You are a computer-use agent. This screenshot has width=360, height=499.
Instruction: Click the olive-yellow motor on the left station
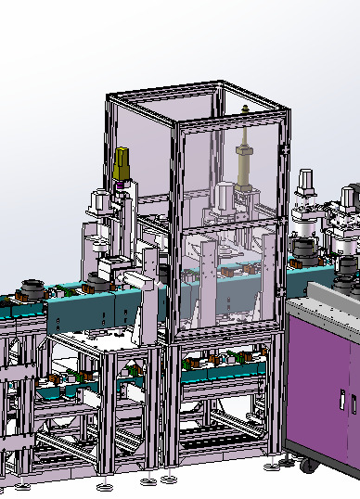(x=122, y=164)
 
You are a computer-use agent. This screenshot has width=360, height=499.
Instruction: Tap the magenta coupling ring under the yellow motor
(x=120, y=185)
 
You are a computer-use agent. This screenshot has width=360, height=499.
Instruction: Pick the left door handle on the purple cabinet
(x=341, y=402)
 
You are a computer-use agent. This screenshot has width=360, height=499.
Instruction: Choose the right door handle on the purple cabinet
(x=353, y=403)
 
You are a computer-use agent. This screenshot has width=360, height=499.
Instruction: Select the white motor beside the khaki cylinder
(x=225, y=196)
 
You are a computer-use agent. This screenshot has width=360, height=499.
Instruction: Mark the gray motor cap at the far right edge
(x=350, y=197)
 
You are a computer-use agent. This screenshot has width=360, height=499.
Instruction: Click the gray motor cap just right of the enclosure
(x=306, y=181)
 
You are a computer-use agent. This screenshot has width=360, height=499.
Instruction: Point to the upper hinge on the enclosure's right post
(x=285, y=148)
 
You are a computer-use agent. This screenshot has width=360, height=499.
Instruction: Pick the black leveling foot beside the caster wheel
(x=284, y=459)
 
